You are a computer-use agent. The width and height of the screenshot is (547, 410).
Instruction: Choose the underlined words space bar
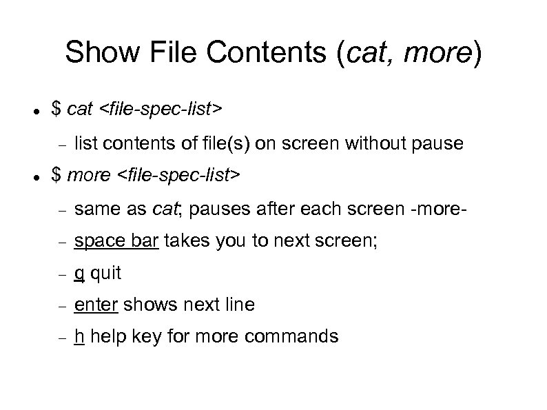(x=107, y=241)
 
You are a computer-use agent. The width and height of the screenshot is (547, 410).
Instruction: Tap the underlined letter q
(x=79, y=274)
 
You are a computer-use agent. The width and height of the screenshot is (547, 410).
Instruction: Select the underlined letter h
(x=79, y=336)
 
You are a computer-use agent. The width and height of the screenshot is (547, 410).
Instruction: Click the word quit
(x=105, y=274)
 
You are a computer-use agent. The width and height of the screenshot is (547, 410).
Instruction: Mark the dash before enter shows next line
(x=61, y=305)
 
